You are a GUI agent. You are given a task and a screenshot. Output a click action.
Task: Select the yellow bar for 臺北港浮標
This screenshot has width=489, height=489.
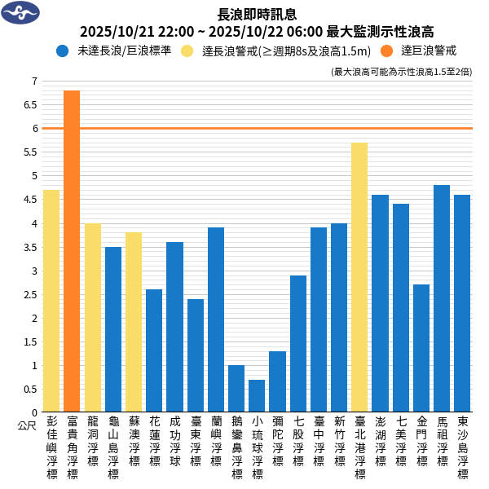coord(359,277)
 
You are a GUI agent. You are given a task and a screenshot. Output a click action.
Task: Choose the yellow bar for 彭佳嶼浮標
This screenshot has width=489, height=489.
coord(51,301)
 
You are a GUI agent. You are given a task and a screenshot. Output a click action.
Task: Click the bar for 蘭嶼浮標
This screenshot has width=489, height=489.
coord(216,319)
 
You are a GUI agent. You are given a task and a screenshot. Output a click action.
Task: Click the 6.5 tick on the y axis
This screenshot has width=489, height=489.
coord(33,104)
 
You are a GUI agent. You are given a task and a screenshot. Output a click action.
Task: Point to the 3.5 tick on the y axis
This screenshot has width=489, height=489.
coord(33,247)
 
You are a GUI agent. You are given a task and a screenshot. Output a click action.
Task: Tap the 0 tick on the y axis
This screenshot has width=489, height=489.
coord(33,412)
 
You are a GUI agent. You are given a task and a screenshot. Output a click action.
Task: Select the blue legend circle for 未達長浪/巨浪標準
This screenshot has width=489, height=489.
coord(63,51)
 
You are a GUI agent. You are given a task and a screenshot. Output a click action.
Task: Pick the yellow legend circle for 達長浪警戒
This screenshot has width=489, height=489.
coord(187,51)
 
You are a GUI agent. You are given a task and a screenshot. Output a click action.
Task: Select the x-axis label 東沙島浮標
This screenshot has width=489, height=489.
coord(462,447)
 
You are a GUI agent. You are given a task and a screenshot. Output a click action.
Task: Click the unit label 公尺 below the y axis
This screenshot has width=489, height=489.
coord(27,425)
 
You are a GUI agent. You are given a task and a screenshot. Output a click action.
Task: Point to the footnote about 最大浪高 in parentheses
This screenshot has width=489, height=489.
coord(402,72)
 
